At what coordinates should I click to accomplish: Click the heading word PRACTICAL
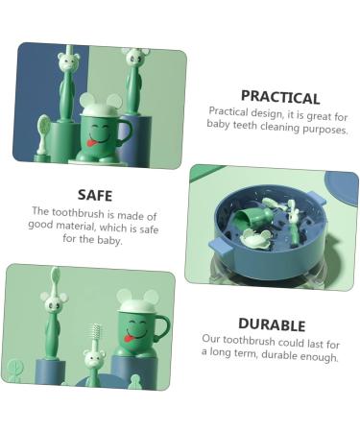279,96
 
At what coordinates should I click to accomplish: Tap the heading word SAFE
95,194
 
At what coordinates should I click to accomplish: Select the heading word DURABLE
272,324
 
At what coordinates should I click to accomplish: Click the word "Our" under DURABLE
211,340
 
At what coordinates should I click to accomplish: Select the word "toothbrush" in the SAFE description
84,211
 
